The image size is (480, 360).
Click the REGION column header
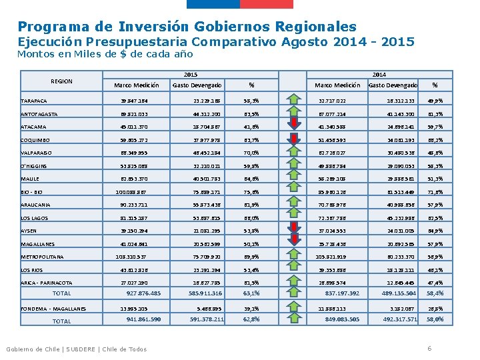point(61,81)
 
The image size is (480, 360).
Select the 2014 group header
point(379,73)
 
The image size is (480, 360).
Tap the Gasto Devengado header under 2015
point(197,85)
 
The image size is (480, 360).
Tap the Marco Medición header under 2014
point(337,85)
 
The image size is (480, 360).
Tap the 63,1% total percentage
point(251,293)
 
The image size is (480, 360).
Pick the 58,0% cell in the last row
point(435,319)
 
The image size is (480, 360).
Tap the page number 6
point(429,349)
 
